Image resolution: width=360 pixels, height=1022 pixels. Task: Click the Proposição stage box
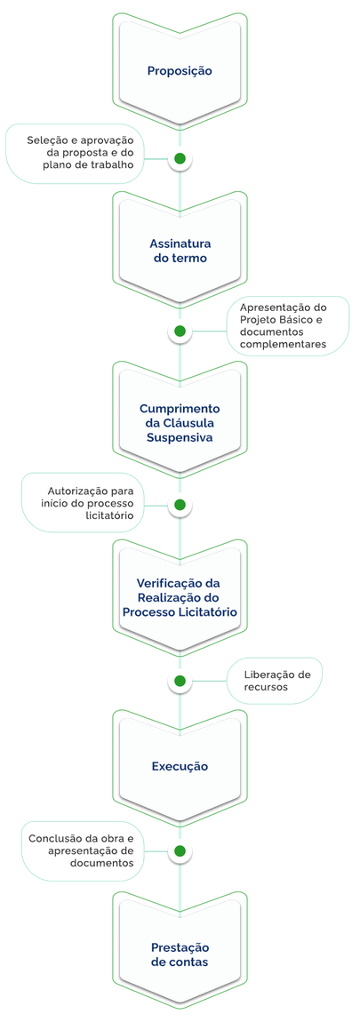pyautogui.click(x=180, y=70)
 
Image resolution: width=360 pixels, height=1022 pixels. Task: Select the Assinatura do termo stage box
pyautogui.click(x=180, y=251)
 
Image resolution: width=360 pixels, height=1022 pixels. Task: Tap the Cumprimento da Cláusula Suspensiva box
pyautogui.click(x=180, y=423)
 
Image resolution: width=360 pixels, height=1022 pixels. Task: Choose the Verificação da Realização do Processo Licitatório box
pyautogui.click(x=180, y=597)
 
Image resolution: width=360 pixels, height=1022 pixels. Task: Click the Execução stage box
pyautogui.click(x=180, y=765)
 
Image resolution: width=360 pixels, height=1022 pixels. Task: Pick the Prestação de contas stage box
pyautogui.click(x=180, y=954)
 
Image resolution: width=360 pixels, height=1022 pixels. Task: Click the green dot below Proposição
pyautogui.click(x=180, y=158)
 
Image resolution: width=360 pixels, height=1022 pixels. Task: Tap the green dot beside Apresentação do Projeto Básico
pyautogui.click(x=180, y=331)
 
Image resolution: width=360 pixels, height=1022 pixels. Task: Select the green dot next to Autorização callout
pyautogui.click(x=180, y=505)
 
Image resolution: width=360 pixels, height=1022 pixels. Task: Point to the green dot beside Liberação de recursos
pyautogui.click(x=180, y=681)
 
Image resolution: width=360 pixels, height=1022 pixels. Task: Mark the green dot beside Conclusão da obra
pyautogui.click(x=180, y=850)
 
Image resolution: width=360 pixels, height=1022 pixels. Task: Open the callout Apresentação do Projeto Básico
pyautogui.click(x=283, y=325)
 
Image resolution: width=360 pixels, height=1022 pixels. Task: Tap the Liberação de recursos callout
pyautogui.click(x=276, y=681)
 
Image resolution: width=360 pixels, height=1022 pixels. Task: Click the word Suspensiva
pyautogui.click(x=180, y=438)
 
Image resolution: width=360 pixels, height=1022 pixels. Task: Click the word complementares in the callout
pyautogui.click(x=283, y=343)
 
